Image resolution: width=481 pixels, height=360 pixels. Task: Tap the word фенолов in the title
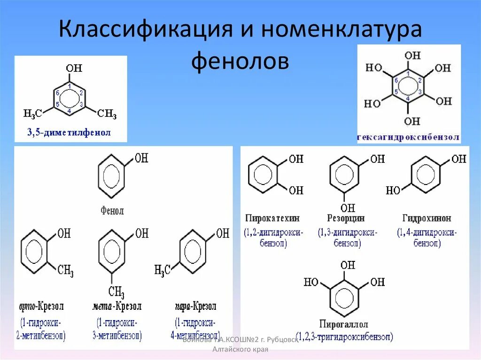tap(240, 61)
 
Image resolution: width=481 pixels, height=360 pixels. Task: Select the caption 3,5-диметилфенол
tap(69, 133)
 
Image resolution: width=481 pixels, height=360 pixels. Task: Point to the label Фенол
tap(112, 211)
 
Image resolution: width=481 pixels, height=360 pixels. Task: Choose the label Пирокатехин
tap(272, 218)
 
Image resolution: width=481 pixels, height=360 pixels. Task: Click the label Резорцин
tap(346, 218)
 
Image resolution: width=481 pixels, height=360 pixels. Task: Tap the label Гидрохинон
tap(427, 218)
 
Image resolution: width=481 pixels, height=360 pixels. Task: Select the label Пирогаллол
tap(344, 324)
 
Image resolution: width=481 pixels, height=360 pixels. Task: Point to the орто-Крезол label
tap(42, 306)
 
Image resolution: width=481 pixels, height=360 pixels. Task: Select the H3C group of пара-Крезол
tap(162, 269)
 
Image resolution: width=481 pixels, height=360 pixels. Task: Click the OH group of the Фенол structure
tap(141, 158)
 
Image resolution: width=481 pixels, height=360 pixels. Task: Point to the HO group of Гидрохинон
tap(393, 190)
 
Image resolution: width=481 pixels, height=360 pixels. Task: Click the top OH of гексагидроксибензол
tap(412, 55)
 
